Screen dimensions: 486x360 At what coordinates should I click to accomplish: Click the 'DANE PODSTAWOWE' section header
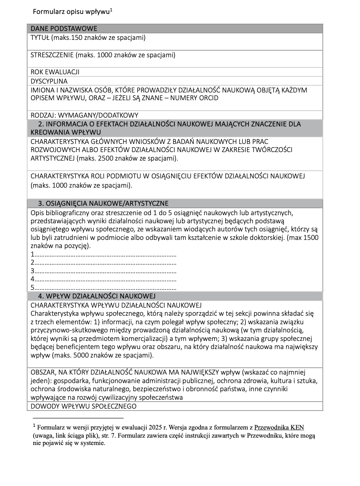point(64,29)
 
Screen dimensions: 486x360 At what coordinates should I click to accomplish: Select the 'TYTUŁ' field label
point(40,38)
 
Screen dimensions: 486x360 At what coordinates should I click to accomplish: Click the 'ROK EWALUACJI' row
point(55,72)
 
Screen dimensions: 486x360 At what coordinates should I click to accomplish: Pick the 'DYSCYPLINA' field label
point(49,81)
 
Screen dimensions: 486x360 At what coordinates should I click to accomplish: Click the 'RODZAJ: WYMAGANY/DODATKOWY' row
point(84,115)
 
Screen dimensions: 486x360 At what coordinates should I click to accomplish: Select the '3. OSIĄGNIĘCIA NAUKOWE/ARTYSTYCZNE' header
point(103,204)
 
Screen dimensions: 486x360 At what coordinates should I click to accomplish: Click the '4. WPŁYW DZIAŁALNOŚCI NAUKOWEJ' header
point(96,296)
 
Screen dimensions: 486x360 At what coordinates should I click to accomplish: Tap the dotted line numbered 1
point(104,254)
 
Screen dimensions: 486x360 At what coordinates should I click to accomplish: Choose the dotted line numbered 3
point(104,270)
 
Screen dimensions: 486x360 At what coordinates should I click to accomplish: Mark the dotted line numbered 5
point(104,287)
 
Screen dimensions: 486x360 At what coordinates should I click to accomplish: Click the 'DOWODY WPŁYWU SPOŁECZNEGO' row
point(84,406)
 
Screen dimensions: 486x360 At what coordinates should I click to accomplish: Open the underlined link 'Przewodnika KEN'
point(279,428)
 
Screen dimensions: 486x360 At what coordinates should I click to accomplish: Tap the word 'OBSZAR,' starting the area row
point(43,373)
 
